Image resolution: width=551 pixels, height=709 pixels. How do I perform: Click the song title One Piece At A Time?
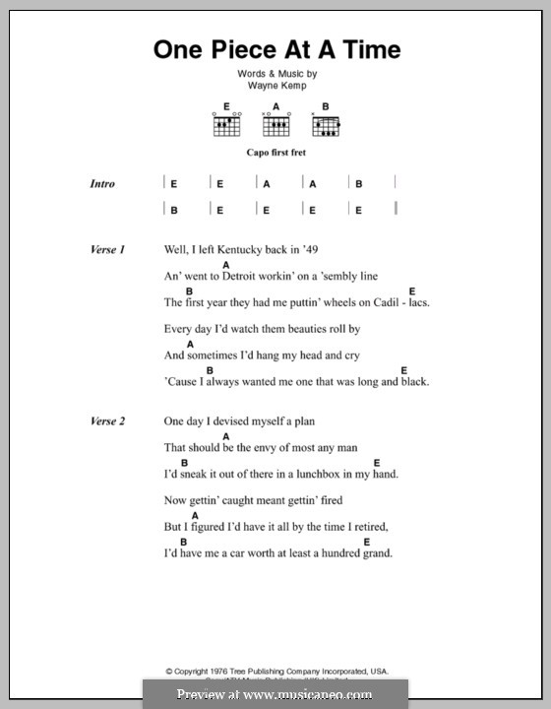276,49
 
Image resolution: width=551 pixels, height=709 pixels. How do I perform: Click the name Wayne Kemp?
275,86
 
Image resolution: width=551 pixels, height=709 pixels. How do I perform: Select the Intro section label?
102,184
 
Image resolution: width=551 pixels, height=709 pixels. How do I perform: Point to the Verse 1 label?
108,251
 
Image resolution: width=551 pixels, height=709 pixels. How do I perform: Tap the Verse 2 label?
108,421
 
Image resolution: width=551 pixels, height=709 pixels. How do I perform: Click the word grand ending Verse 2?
377,552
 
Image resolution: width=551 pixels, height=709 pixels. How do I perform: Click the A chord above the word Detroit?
226,265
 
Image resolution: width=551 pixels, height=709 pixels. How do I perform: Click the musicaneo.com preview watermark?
275,694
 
